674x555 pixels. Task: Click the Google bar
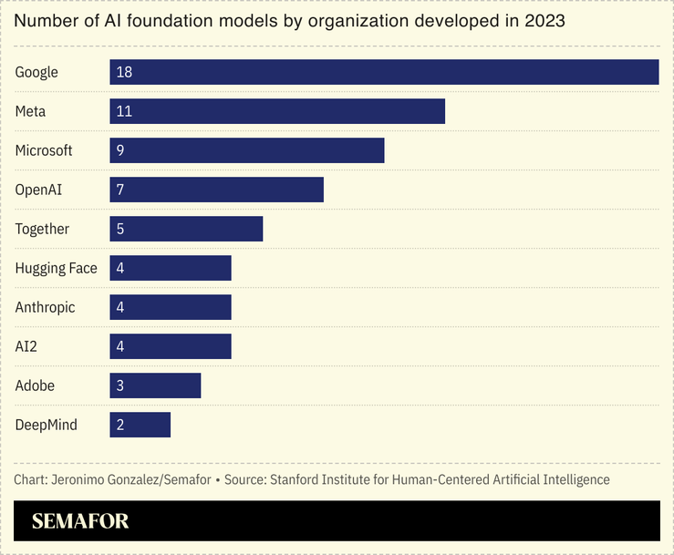pos(384,72)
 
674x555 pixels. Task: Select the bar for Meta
pos(277,111)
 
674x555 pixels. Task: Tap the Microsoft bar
pos(247,150)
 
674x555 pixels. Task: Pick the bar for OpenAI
pos(217,190)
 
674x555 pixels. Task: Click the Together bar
pos(186,229)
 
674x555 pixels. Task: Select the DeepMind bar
pos(140,425)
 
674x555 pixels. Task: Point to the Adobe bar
pos(155,385)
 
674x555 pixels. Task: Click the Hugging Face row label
pos(56,268)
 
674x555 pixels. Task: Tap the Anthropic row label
pos(45,307)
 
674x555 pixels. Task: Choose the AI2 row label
pos(27,346)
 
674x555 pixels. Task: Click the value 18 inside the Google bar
pos(124,72)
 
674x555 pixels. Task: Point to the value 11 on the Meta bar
pos(124,111)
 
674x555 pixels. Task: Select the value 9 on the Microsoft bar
pos(120,150)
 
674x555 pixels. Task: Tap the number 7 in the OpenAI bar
pos(120,190)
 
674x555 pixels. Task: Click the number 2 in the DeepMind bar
pos(120,425)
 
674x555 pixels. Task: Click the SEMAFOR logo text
pos(80,521)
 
